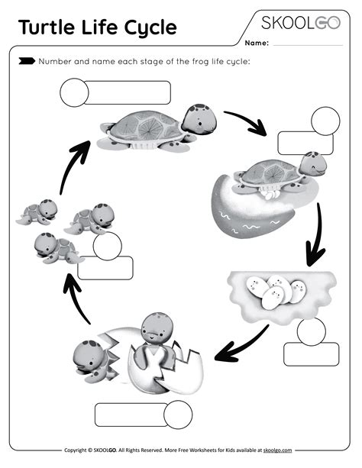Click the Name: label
click(257, 44)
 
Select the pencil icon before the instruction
click(26, 61)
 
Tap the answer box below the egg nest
click(311, 354)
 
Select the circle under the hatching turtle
click(179, 415)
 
